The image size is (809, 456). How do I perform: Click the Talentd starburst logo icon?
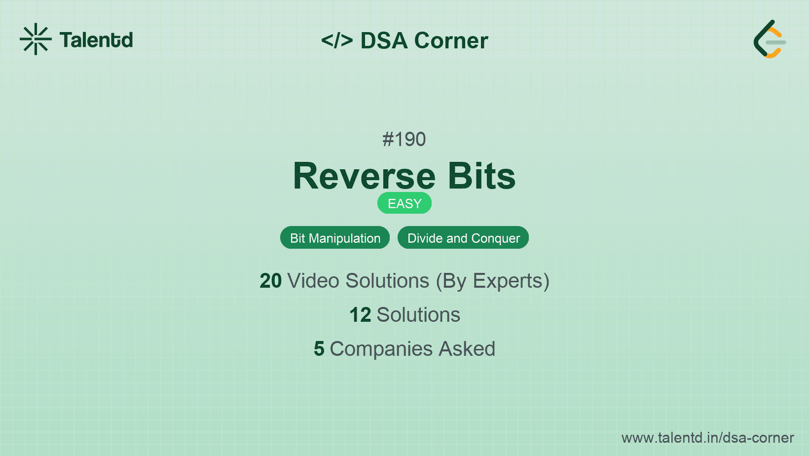click(36, 39)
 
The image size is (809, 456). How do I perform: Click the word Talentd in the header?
click(96, 40)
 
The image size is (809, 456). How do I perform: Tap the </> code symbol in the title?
click(337, 40)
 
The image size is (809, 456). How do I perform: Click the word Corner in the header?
click(451, 40)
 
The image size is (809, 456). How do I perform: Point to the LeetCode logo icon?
click(770, 39)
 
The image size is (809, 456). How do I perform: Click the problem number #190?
click(404, 139)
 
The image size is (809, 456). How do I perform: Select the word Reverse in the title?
click(365, 176)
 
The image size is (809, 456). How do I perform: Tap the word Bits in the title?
click(481, 176)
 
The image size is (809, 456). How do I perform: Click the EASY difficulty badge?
click(404, 203)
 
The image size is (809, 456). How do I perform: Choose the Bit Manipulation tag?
click(335, 238)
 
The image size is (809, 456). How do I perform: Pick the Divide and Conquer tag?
click(463, 238)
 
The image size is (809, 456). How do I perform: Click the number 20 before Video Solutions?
click(270, 281)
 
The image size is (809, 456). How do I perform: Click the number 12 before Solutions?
click(360, 315)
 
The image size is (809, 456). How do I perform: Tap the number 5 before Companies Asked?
click(319, 349)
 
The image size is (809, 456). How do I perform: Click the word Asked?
click(467, 349)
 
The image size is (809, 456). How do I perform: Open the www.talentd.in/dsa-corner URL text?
click(707, 438)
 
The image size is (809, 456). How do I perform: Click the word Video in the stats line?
click(313, 281)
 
